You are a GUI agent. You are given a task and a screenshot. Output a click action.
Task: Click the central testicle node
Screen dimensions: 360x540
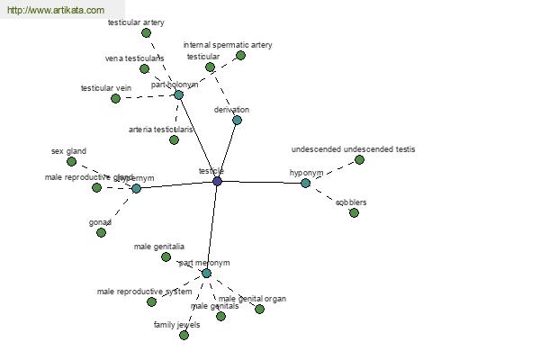pyautogui.click(x=217, y=182)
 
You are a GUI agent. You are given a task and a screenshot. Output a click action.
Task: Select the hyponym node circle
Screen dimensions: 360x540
pyautogui.click(x=305, y=183)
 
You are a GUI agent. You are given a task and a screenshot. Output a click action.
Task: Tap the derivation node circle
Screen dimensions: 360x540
pyautogui.click(x=237, y=120)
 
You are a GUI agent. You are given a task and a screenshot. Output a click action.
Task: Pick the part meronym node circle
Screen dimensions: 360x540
pyautogui.click(x=206, y=273)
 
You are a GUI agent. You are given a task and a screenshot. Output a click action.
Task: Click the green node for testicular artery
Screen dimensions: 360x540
pyautogui.click(x=146, y=32)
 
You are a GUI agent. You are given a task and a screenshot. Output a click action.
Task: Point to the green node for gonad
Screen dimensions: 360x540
pyautogui.click(x=102, y=232)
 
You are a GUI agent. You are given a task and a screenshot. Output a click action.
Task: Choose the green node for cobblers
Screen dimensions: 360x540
pyautogui.click(x=354, y=212)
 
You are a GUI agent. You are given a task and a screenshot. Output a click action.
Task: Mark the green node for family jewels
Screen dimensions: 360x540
pyautogui.click(x=184, y=335)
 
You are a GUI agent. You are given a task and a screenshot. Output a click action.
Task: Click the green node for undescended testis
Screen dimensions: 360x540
pyautogui.click(x=359, y=159)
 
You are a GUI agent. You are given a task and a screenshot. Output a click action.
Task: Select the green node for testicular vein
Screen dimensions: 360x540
pyautogui.click(x=115, y=98)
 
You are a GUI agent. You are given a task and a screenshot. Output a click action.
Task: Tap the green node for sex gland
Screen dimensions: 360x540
pyautogui.click(x=72, y=162)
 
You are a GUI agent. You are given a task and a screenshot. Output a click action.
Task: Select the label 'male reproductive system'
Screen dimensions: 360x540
pyautogui.click(x=144, y=292)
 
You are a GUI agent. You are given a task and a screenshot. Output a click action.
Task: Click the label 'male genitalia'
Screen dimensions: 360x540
pyautogui.click(x=159, y=246)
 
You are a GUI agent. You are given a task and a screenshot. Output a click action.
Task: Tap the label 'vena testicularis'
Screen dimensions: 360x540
pyautogui.click(x=134, y=58)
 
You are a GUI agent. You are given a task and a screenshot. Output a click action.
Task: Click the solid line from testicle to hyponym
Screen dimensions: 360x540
pyautogui.click(x=261, y=183)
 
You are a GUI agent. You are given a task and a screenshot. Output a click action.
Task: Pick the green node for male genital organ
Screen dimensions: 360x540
pyautogui.click(x=259, y=309)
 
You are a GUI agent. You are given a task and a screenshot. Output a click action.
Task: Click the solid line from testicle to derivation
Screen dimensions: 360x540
pyautogui.click(x=227, y=150)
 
